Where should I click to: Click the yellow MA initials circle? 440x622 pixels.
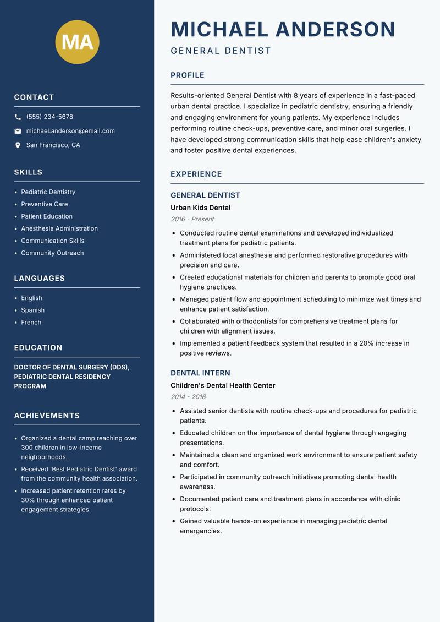point(78,42)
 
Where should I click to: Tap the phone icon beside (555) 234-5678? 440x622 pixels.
point(18,117)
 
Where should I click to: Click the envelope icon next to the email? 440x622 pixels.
point(18,131)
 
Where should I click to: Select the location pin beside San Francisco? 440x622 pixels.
point(18,145)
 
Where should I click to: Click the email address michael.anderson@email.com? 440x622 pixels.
point(70,131)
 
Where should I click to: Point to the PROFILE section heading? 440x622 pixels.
point(188,75)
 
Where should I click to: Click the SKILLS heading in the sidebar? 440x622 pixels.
point(28,172)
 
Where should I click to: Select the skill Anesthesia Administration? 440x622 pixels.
point(59,228)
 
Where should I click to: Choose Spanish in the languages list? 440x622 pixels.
point(33,310)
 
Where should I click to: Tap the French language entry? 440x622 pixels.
point(31,322)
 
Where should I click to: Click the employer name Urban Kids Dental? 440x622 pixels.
point(200,208)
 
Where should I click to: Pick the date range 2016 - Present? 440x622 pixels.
point(193,219)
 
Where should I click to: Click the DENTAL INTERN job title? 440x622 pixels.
point(200,373)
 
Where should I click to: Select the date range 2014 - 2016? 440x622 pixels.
point(188,397)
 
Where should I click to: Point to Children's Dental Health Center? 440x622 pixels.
point(223,385)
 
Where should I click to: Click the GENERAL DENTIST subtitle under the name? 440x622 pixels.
point(221,51)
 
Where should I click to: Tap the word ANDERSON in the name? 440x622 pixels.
point(335,29)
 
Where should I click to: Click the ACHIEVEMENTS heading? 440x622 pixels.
point(47,416)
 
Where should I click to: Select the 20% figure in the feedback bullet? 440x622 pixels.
point(367,343)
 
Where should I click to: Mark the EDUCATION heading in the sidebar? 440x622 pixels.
point(38,348)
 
